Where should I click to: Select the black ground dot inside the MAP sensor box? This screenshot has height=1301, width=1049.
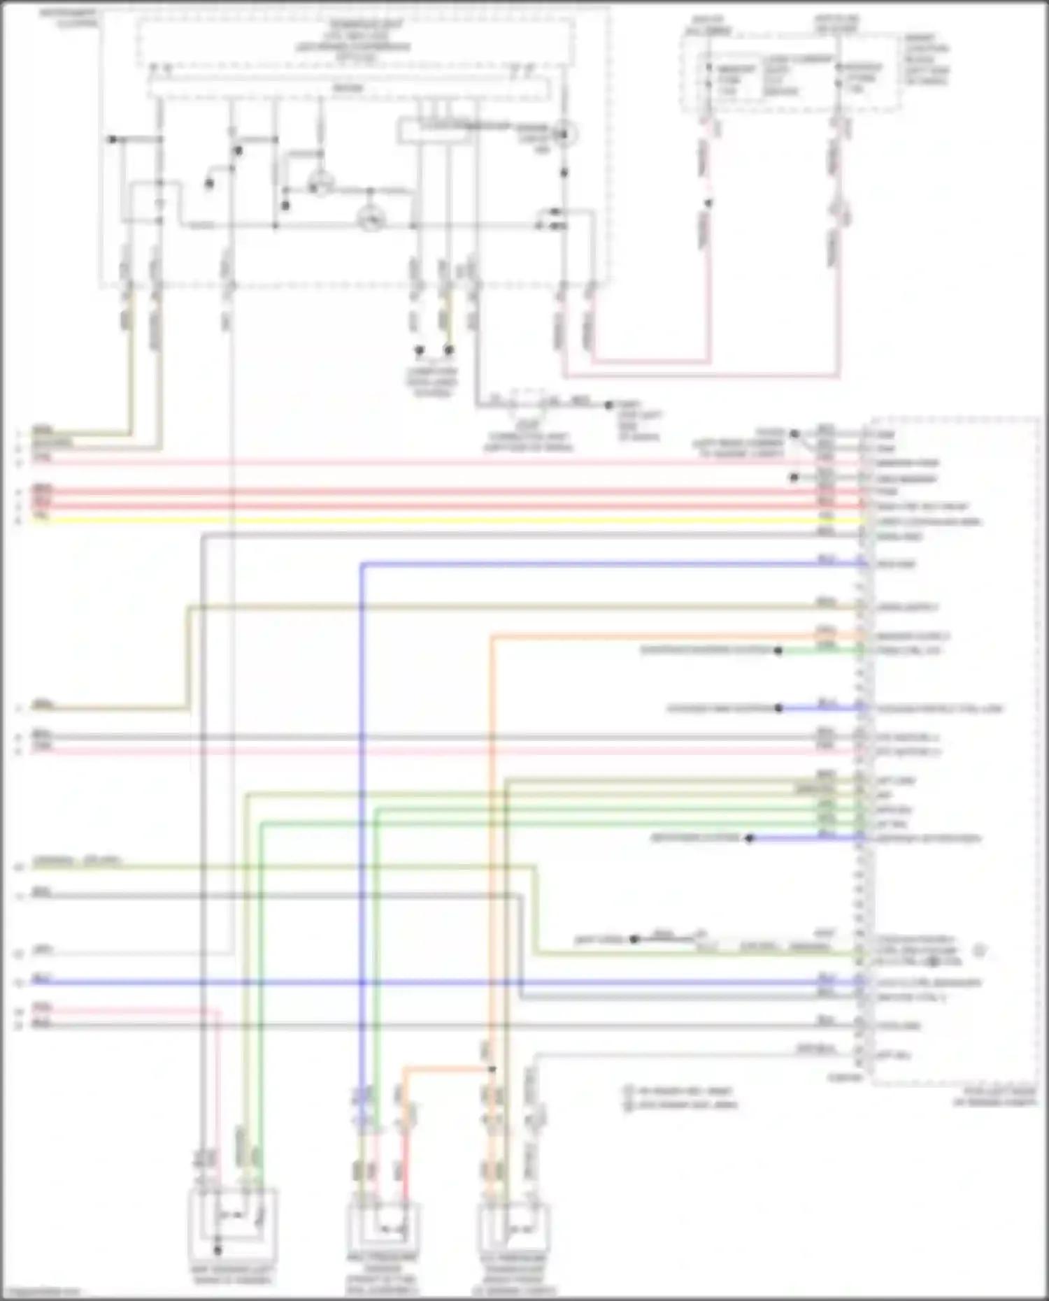pos(217,1249)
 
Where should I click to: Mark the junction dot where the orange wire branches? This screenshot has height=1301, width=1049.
pos(492,1069)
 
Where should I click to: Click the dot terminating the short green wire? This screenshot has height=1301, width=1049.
pos(778,650)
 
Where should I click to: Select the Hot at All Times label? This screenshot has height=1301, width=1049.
pos(708,26)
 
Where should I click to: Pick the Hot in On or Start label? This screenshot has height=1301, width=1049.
pos(836,24)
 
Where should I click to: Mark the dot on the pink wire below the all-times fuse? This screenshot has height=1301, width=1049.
pos(708,203)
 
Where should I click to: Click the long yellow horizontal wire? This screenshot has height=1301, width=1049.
pos(448,521)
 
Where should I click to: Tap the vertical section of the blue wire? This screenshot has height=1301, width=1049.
pos(362,839)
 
